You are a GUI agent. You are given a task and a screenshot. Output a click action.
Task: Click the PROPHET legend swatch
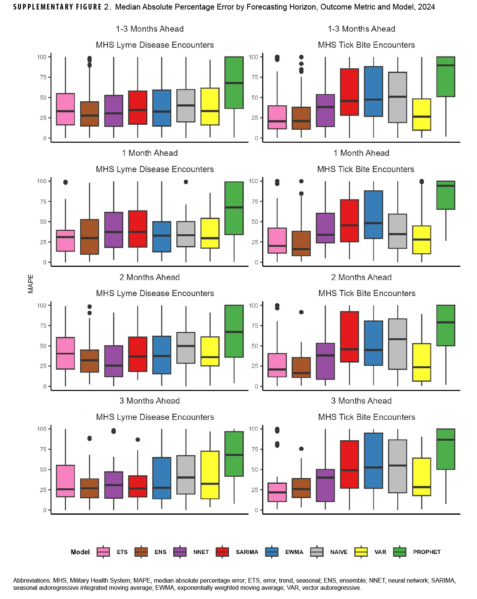(400, 552)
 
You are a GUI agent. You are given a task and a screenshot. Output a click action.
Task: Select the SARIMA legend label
(247, 552)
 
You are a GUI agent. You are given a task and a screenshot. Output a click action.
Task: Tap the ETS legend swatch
(103, 552)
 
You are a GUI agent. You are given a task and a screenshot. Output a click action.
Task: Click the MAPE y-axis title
(31, 284)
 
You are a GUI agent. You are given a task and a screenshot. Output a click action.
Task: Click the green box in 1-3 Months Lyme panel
(234, 82)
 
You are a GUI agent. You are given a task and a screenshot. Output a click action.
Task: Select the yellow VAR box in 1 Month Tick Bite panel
(422, 240)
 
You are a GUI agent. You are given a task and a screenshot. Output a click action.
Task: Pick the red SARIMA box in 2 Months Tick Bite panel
(349, 337)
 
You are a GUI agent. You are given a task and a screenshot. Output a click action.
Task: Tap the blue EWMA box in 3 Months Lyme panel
(161, 478)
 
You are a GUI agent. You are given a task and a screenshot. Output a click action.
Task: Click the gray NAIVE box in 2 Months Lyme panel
(186, 348)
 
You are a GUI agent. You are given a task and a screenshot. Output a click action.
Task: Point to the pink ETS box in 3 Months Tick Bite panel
(277, 492)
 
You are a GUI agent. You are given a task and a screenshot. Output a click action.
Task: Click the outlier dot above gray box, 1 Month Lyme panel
(186, 182)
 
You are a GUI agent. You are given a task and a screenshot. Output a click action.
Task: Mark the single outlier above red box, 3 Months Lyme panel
(138, 440)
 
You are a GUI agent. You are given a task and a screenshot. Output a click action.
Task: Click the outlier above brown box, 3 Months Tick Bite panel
(301, 449)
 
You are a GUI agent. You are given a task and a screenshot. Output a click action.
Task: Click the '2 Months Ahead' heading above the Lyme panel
(149, 277)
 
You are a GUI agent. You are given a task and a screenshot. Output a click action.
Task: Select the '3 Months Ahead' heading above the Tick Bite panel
(361, 401)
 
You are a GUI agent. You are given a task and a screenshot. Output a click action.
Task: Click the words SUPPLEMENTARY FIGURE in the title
(57, 7)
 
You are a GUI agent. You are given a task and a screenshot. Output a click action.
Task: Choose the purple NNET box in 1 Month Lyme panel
(113, 230)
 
